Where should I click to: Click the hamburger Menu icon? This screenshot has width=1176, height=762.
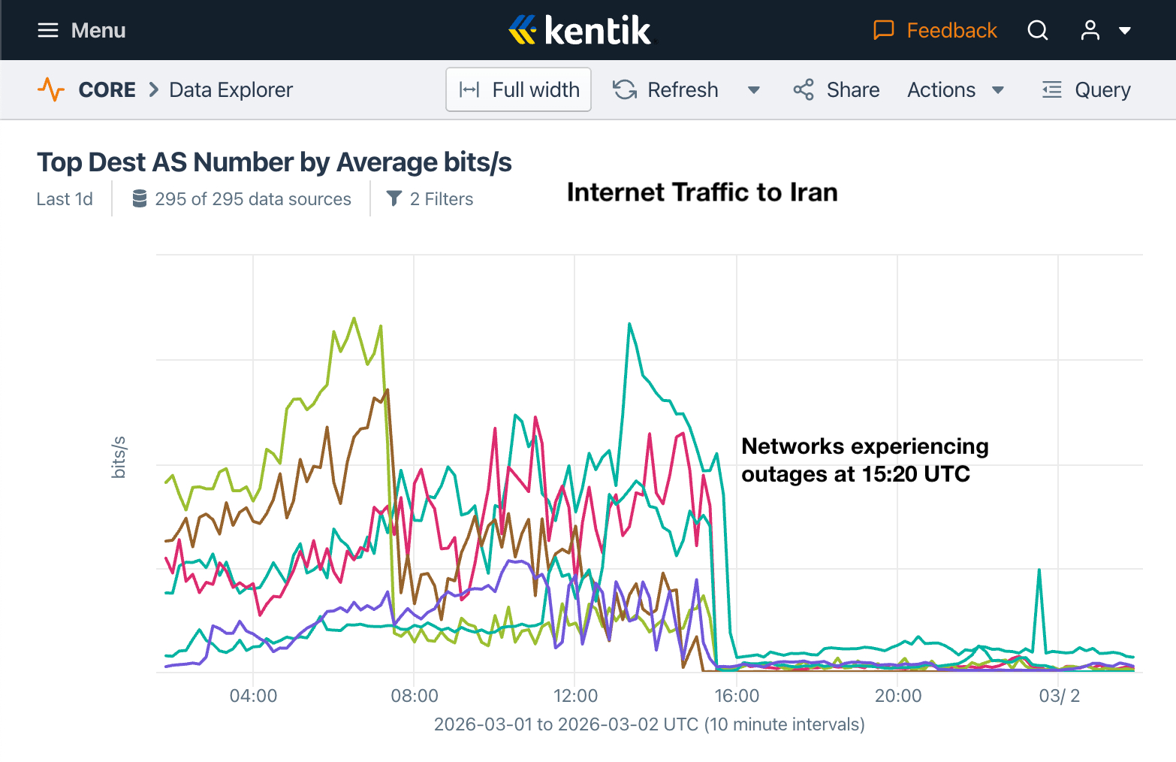(48, 30)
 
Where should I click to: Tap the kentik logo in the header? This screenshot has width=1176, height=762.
(580, 30)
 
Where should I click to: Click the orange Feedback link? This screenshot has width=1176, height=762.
(936, 30)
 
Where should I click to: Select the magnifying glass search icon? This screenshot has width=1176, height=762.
(1038, 30)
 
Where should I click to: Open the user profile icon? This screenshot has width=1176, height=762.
(1090, 30)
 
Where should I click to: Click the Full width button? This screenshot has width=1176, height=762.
(519, 89)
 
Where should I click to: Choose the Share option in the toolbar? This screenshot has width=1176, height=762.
(837, 89)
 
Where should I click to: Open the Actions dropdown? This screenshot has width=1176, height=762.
(955, 89)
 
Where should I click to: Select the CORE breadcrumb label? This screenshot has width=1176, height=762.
(107, 89)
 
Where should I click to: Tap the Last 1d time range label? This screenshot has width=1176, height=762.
(65, 199)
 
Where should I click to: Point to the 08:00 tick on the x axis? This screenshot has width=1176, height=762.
(415, 696)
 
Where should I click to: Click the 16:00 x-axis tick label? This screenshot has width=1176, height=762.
(737, 696)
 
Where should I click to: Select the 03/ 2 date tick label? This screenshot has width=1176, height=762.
(1059, 696)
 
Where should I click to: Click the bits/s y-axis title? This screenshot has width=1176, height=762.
(119, 457)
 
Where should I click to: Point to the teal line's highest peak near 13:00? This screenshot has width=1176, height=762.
(629, 324)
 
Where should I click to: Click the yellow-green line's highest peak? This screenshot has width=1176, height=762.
(354, 318)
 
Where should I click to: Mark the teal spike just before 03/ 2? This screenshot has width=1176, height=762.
(1039, 570)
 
